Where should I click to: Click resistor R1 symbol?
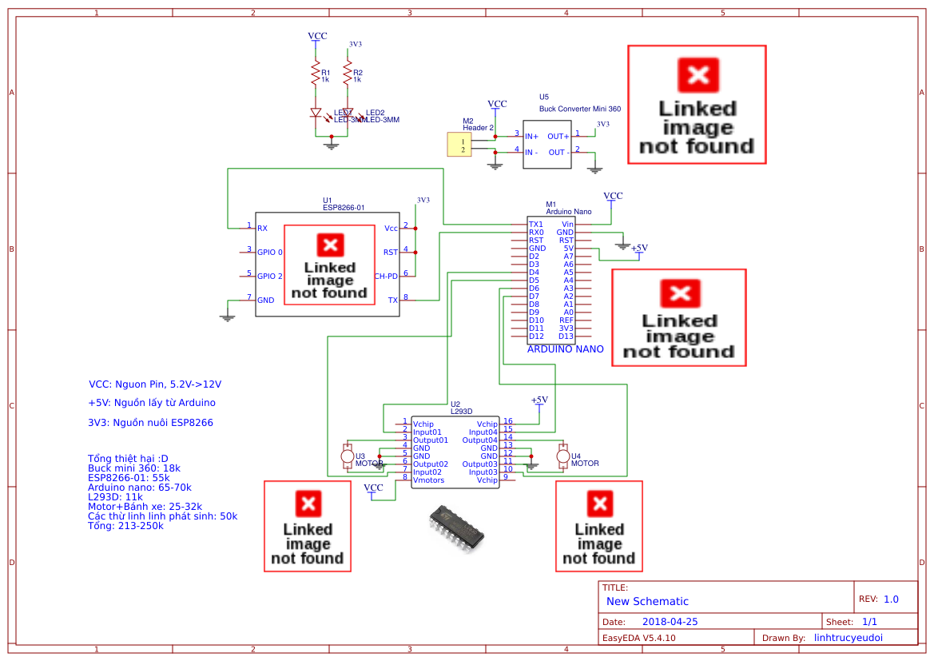[315, 75]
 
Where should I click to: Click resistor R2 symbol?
[347, 75]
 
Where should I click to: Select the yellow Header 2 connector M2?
[459, 145]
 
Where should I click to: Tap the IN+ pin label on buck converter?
[531, 137]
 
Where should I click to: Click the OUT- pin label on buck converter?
[557, 152]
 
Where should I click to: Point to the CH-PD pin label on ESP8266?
[386, 277]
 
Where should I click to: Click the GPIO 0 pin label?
[270, 252]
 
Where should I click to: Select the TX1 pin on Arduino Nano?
[535, 225]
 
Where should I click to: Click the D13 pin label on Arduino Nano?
[566, 336]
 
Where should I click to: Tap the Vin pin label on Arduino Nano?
[567, 225]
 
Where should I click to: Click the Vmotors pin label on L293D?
[428, 480]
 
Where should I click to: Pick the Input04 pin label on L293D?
[483, 432]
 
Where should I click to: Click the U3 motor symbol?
[347, 456]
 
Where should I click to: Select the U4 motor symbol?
[562, 456]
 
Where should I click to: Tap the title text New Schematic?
[647, 601]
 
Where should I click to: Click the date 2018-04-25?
[670, 622]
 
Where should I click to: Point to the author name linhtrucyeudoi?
[853, 638]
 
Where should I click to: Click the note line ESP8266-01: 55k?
[128, 477]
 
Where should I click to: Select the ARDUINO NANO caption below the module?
[565, 349]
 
